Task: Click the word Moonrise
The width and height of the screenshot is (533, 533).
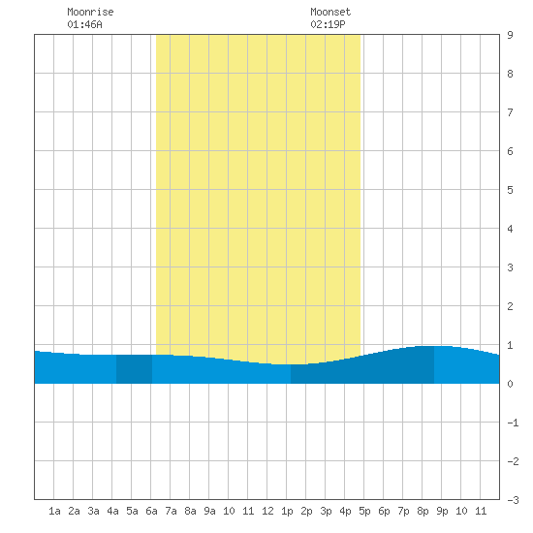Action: (90, 12)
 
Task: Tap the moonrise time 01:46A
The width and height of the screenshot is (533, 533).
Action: (84, 24)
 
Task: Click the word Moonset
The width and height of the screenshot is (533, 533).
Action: (330, 12)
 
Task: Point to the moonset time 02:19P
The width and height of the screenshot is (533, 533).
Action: (328, 24)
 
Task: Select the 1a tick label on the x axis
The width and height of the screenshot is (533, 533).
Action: (54, 511)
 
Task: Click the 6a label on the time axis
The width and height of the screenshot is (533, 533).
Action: (151, 511)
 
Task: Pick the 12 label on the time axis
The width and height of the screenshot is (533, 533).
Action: (267, 511)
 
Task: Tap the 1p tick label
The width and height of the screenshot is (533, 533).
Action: (287, 511)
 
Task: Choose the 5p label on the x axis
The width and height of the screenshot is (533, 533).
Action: (364, 511)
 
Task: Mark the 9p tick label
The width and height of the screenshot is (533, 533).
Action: (442, 511)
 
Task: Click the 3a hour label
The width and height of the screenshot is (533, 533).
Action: (93, 511)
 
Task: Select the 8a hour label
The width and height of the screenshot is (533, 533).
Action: (190, 511)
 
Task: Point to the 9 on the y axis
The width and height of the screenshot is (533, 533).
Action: (510, 35)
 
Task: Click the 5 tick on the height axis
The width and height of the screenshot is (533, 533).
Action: (510, 190)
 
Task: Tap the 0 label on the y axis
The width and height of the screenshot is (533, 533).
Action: (510, 384)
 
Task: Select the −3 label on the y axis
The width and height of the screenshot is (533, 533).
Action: (513, 500)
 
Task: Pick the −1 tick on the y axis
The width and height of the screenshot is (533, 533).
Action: (513, 423)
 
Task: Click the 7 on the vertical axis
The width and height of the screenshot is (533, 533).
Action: (510, 112)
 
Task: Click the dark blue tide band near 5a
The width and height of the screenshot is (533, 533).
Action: (134, 369)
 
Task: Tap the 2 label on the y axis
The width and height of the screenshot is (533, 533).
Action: (510, 306)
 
